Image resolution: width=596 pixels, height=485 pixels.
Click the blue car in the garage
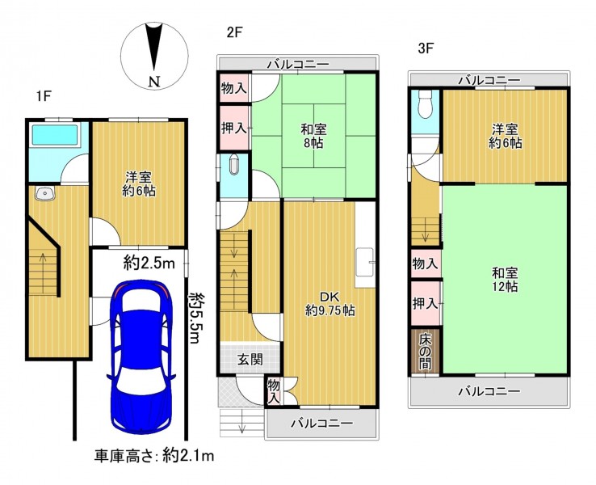point(141,357)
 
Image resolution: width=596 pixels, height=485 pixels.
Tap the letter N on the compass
point(154,82)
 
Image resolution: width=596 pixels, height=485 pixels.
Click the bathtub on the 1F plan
point(56,133)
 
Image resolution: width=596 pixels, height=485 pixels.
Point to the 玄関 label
point(250,360)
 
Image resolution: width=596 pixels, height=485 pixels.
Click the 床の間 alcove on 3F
point(426,352)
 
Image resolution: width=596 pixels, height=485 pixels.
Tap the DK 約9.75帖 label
point(330,304)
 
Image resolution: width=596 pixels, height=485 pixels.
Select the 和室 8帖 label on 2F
point(313,136)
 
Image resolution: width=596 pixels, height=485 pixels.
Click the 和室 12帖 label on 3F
point(505,280)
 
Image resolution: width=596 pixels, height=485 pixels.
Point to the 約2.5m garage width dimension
point(149,263)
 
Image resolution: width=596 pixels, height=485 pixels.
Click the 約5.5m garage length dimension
point(195,317)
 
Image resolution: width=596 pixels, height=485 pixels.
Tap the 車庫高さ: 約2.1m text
point(154,455)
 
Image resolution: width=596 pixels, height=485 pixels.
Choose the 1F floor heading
point(44,96)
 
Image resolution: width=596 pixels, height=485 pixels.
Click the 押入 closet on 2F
point(234,128)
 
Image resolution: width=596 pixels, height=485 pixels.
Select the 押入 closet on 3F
point(426,303)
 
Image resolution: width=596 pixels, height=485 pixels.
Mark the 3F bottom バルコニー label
point(489,391)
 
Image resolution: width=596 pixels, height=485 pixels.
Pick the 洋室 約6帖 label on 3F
point(505,136)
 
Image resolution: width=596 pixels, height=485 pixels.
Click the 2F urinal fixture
point(233,165)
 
